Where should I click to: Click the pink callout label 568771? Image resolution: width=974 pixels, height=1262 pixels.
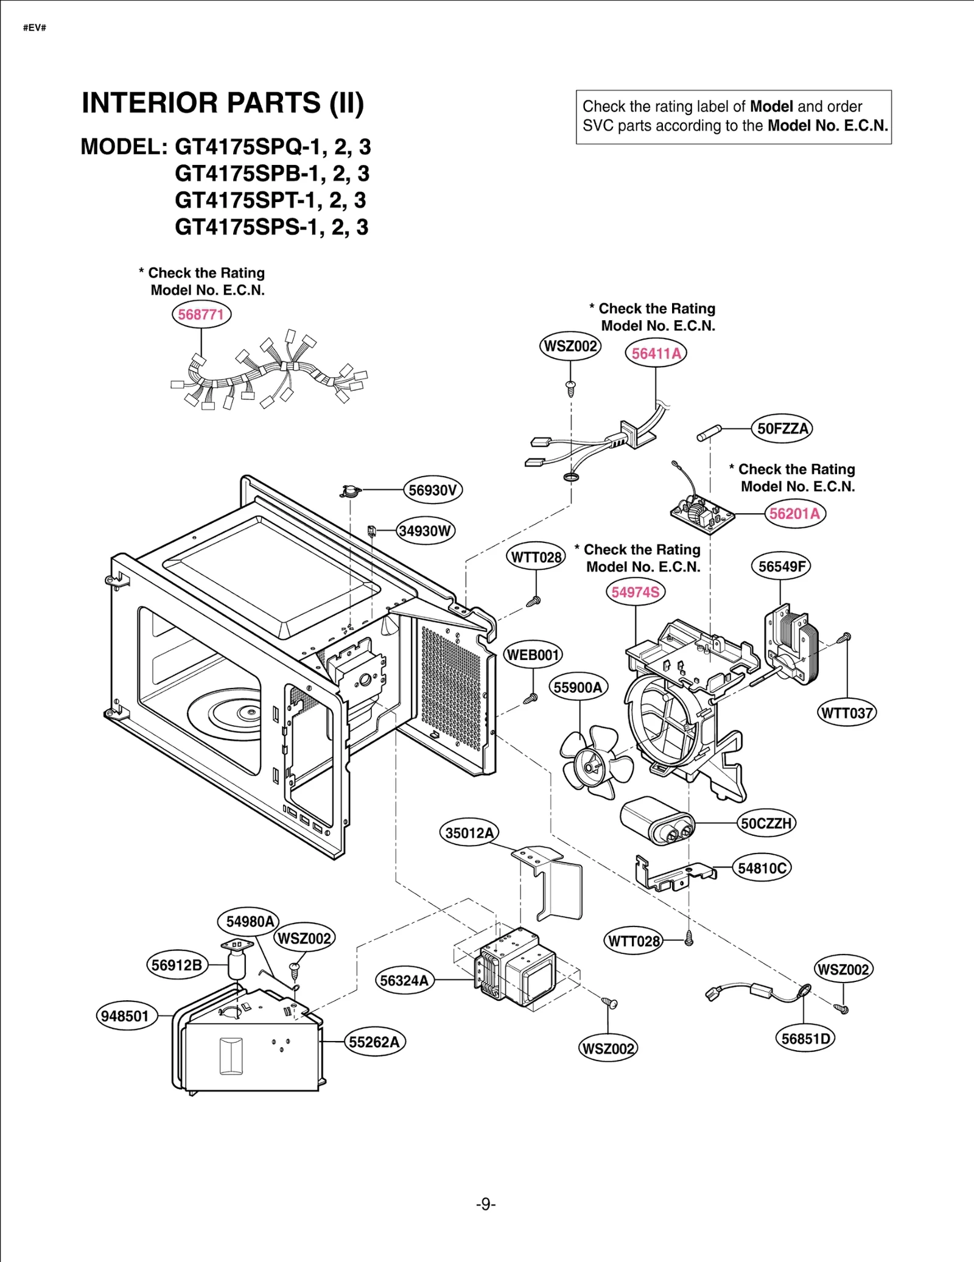coord(201,315)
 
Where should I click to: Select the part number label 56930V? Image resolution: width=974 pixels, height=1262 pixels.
coord(433,490)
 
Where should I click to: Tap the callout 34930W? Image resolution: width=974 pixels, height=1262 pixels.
coord(426,531)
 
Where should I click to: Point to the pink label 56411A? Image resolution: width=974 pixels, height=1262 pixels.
coord(656,353)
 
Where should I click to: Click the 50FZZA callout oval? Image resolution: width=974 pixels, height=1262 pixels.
coord(782,429)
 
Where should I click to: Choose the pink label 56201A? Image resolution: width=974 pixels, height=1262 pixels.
coord(794,513)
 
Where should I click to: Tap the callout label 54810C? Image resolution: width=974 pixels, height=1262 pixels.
coord(762,868)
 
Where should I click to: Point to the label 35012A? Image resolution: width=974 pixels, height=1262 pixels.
coord(469,833)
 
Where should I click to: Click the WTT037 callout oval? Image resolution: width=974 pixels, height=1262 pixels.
coord(846,713)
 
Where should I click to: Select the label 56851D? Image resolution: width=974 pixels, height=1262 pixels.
coord(805,1039)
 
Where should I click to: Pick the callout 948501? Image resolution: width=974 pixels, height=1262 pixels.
coord(125,1016)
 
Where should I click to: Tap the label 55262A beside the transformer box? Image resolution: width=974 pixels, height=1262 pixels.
coord(374,1042)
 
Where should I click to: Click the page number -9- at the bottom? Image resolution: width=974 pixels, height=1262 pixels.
coord(486,1204)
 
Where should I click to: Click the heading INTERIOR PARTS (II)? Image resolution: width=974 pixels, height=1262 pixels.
coord(223,103)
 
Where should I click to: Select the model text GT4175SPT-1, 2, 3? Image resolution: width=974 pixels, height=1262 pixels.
coord(270,200)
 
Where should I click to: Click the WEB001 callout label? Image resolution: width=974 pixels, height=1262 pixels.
coord(533,655)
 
